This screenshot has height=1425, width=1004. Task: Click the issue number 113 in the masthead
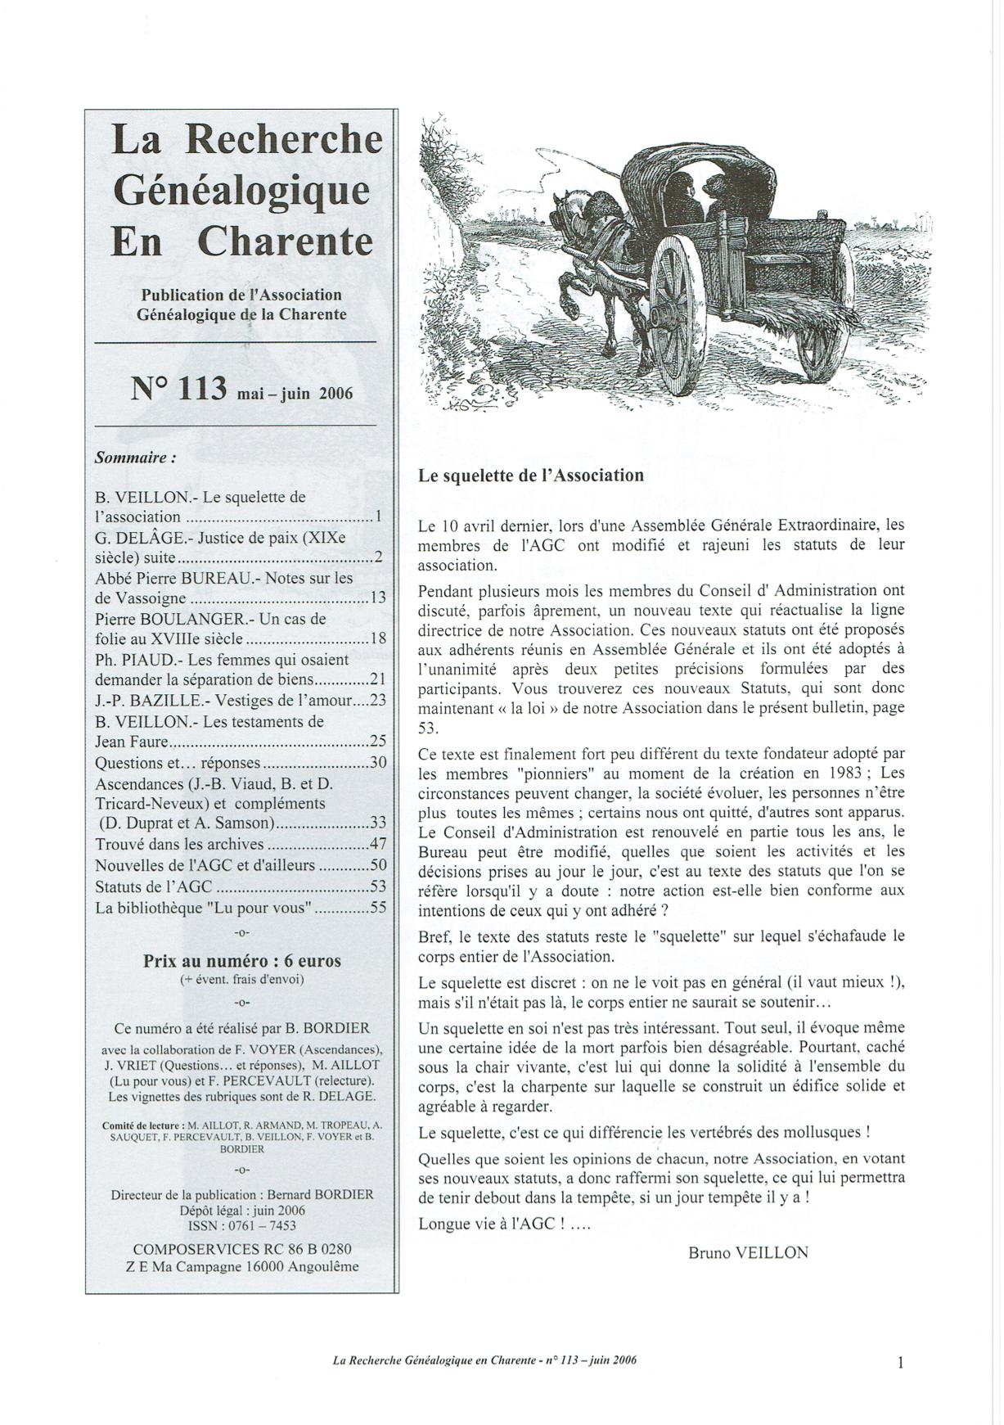pyautogui.click(x=200, y=387)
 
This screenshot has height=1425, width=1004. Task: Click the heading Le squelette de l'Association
pyautogui.click(x=530, y=476)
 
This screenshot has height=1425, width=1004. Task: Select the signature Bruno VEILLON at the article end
pyautogui.click(x=748, y=1252)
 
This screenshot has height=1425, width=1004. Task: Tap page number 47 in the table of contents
pyautogui.click(x=378, y=845)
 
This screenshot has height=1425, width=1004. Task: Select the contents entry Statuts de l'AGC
pyautogui.click(x=154, y=886)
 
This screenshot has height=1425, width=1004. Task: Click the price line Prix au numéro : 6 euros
pyautogui.click(x=242, y=961)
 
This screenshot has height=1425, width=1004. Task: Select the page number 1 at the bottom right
pyautogui.click(x=901, y=1363)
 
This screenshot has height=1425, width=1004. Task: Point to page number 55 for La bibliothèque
pyautogui.click(x=378, y=908)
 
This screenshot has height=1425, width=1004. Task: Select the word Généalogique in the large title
pyautogui.click(x=241, y=190)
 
